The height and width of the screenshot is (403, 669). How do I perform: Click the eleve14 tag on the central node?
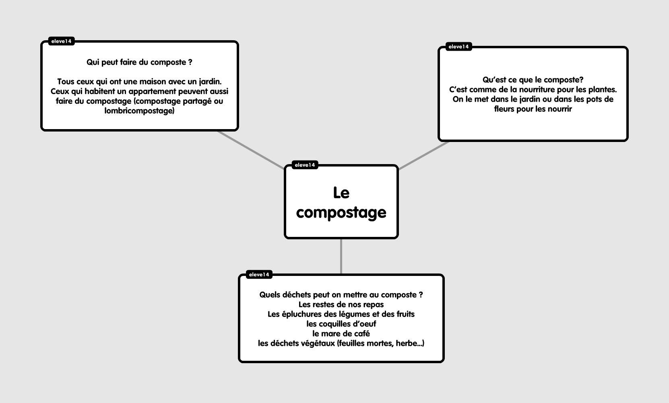(305, 165)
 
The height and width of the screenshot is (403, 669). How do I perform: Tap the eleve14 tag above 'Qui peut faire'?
(61, 41)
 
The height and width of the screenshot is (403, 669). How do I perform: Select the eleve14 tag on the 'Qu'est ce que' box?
(459, 47)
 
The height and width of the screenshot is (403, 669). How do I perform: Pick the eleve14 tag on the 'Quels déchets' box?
(259, 274)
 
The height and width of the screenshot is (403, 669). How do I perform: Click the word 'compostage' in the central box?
(341, 212)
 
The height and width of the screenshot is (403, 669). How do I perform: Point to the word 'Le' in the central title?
(341, 193)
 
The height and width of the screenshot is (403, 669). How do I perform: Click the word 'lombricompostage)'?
(139, 111)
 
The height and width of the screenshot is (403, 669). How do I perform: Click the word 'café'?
(361, 333)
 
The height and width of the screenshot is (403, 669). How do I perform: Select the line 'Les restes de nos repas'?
(341, 304)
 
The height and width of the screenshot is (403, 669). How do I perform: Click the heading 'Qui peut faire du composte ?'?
(139, 62)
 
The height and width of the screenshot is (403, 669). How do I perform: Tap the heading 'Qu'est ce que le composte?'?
(533, 80)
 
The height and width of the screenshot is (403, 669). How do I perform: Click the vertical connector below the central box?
(341, 256)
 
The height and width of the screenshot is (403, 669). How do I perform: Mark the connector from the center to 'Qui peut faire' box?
(251, 150)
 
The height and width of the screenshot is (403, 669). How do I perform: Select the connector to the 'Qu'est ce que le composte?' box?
(424, 156)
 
